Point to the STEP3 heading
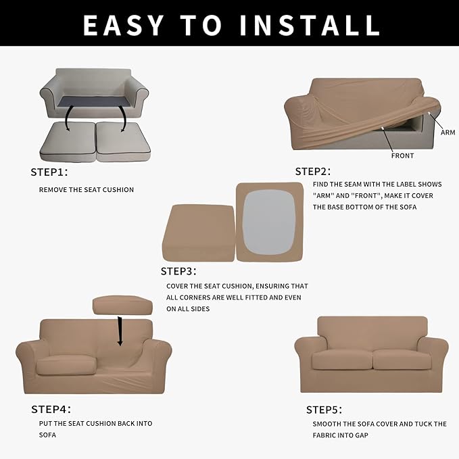pyautogui.click(x=178, y=271)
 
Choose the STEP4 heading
pyautogui.click(x=51, y=409)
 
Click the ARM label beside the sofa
pyautogui.click(x=448, y=132)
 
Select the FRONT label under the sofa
pyautogui.click(x=402, y=155)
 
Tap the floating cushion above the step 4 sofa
pyautogui.click(x=122, y=306)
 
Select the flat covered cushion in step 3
pyautogui.click(x=196, y=233)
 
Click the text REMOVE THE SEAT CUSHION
pyautogui.click(x=86, y=190)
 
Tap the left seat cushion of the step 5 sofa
pyautogui.click(x=342, y=359)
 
